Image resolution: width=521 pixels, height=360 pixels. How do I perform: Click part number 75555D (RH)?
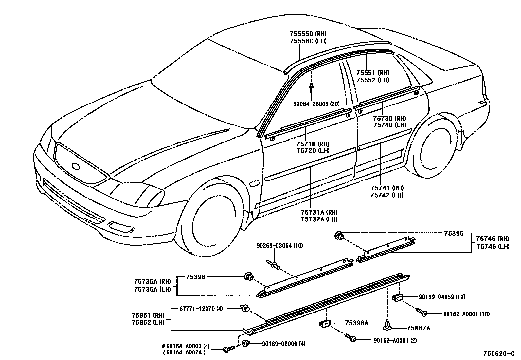point(308,34)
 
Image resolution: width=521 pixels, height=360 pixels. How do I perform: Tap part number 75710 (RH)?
point(313,144)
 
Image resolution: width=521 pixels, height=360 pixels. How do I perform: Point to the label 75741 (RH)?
point(387,188)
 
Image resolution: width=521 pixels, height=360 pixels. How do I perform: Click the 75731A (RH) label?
point(319,212)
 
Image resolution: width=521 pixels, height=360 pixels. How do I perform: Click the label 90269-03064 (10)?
point(279,246)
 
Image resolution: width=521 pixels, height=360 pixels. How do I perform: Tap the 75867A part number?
point(419,328)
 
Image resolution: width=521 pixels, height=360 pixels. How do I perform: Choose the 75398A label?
point(356,323)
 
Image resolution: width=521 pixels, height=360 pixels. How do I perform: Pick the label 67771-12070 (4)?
point(201,308)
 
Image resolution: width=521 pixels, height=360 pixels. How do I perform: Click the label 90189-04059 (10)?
point(442,297)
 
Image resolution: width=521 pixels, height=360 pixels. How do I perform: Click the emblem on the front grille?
point(76,166)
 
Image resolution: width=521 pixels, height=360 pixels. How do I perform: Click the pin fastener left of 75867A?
point(387,324)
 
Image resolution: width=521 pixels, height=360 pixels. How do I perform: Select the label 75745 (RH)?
point(493,239)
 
